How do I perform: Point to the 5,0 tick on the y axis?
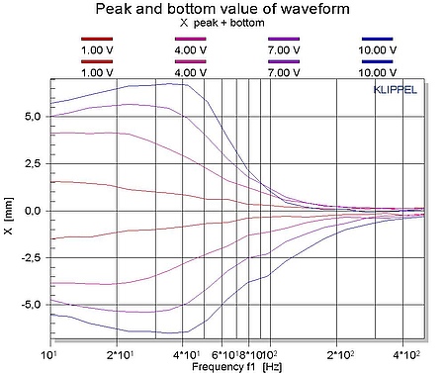click(x=33, y=116)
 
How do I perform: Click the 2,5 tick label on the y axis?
click(x=33, y=163)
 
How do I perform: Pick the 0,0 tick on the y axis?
click(x=33, y=211)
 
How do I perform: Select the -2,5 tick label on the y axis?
click(x=31, y=257)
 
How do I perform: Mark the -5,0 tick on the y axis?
click(x=31, y=305)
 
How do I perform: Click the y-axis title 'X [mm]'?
click(x=9, y=210)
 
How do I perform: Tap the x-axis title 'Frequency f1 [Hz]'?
click(x=236, y=366)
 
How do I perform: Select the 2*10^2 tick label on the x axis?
click(x=339, y=353)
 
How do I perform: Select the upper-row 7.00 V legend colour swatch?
click(x=284, y=39)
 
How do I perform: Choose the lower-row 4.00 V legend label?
click(x=190, y=72)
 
